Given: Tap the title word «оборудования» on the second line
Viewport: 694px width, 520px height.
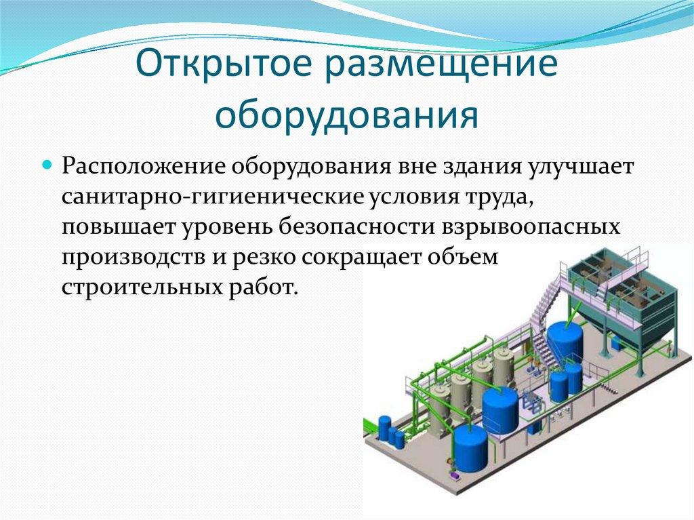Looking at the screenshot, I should pos(346,115).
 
